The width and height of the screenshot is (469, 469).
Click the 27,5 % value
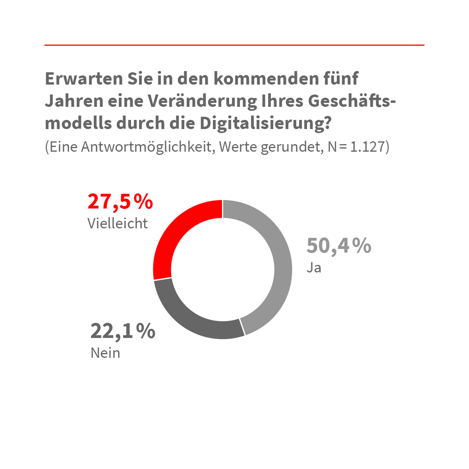tap(120, 202)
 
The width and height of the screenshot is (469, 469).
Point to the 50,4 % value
tap(339, 246)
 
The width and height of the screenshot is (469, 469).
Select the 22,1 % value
tap(123, 331)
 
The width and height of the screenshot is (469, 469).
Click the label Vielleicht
tap(118, 224)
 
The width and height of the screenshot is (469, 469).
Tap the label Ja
tap(314, 268)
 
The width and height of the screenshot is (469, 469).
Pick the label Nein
tap(105, 353)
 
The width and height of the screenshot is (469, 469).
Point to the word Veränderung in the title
tap(203, 101)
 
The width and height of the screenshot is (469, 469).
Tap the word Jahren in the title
tap(74, 101)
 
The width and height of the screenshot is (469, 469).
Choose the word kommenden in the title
tap(264, 79)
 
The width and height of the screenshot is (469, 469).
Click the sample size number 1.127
tap(367, 147)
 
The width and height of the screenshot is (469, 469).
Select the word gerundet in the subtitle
tap(290, 147)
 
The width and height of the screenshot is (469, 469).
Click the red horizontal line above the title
tap(234, 45)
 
